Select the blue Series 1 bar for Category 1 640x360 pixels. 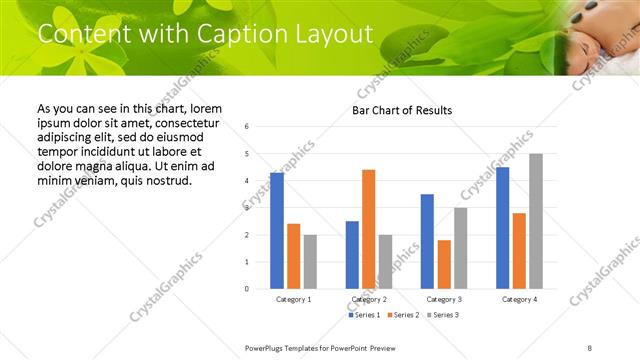277,230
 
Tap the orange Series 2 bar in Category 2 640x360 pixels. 369,229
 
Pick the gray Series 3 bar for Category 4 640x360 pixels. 536,221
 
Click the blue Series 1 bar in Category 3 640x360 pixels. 427,241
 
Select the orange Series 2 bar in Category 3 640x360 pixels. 444,264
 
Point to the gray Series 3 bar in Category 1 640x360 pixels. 311,262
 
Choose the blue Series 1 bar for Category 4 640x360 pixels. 502,228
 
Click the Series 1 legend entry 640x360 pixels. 366,315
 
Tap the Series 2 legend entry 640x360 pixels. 403,315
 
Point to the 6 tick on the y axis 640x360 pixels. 247,127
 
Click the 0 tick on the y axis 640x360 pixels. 247,289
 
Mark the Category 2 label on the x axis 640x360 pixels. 369,299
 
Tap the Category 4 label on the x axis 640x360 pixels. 519,299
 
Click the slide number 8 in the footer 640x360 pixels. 590,347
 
